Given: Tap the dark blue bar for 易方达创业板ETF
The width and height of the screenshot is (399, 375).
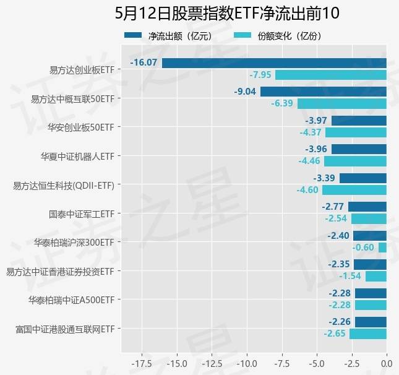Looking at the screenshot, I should [274, 62].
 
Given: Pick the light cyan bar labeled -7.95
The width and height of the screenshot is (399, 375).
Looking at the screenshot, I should [331, 75].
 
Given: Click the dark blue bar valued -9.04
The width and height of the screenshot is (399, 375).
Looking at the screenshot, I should [324, 92].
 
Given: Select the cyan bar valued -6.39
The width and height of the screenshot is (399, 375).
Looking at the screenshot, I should [342, 103].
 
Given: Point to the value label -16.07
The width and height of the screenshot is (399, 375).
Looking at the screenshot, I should [144, 62].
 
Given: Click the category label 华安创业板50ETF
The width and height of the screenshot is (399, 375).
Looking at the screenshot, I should [85, 127].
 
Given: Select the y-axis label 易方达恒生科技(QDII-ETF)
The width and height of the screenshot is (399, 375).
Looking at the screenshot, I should [64, 184].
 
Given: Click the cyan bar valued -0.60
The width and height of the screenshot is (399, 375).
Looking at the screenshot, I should [382, 248].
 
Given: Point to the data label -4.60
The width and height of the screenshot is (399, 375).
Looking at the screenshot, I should [307, 190].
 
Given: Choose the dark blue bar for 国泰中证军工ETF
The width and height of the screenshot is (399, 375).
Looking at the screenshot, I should [367, 207].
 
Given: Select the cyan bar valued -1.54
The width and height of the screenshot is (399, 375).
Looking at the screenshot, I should [376, 277].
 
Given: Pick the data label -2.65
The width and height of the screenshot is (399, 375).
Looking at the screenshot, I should [335, 334].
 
